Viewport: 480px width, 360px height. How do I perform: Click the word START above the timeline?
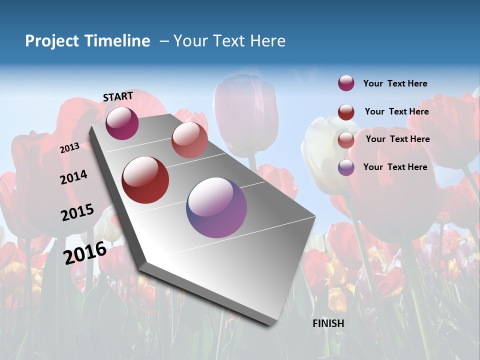[x=118, y=96]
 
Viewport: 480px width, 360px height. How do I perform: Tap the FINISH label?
[x=328, y=323]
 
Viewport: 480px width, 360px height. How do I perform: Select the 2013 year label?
[x=69, y=148]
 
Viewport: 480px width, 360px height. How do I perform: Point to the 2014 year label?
[x=73, y=177]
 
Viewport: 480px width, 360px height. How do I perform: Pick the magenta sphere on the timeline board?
[x=122, y=123]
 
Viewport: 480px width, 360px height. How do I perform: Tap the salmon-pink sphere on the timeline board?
[x=189, y=140]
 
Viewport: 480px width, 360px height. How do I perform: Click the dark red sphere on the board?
[x=145, y=180]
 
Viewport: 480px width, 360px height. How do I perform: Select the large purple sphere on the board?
[x=216, y=207]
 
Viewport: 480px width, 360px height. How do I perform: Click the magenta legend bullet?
[x=346, y=83]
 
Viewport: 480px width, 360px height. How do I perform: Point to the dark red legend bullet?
[x=346, y=112]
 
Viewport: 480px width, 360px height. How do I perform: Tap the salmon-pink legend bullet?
[x=346, y=139]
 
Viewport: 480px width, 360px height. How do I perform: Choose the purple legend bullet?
[x=346, y=167]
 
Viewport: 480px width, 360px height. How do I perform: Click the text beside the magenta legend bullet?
[x=395, y=83]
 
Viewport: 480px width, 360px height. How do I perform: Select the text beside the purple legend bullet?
[x=395, y=167]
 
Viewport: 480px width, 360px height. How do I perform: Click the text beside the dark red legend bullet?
[x=396, y=111]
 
